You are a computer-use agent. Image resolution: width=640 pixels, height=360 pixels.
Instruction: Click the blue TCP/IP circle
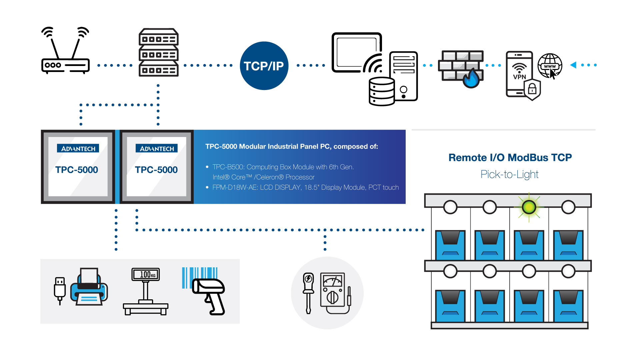[x=264, y=66]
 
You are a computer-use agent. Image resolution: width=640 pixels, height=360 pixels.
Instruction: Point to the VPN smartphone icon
[x=519, y=74]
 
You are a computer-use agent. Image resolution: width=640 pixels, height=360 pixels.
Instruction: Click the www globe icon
[x=550, y=66]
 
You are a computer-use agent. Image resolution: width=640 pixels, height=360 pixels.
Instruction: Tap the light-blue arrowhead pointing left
[x=573, y=65]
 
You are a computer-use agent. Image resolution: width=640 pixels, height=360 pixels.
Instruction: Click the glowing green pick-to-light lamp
[x=529, y=207]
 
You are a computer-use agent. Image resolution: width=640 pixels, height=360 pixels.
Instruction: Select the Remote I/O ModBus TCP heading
[x=510, y=157]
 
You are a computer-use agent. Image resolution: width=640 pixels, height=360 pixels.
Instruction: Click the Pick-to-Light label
[x=509, y=174]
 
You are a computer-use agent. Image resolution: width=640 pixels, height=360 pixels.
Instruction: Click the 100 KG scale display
[x=146, y=274]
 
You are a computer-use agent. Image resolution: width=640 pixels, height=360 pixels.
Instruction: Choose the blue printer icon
[x=89, y=288]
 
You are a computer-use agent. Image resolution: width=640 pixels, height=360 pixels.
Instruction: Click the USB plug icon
[x=60, y=290]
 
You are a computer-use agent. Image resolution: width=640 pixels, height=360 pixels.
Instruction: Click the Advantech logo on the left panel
[x=78, y=148]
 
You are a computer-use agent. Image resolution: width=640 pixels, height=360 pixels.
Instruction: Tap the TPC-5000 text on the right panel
[x=156, y=170]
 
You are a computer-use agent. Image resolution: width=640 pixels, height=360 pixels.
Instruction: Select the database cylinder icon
[x=382, y=91]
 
